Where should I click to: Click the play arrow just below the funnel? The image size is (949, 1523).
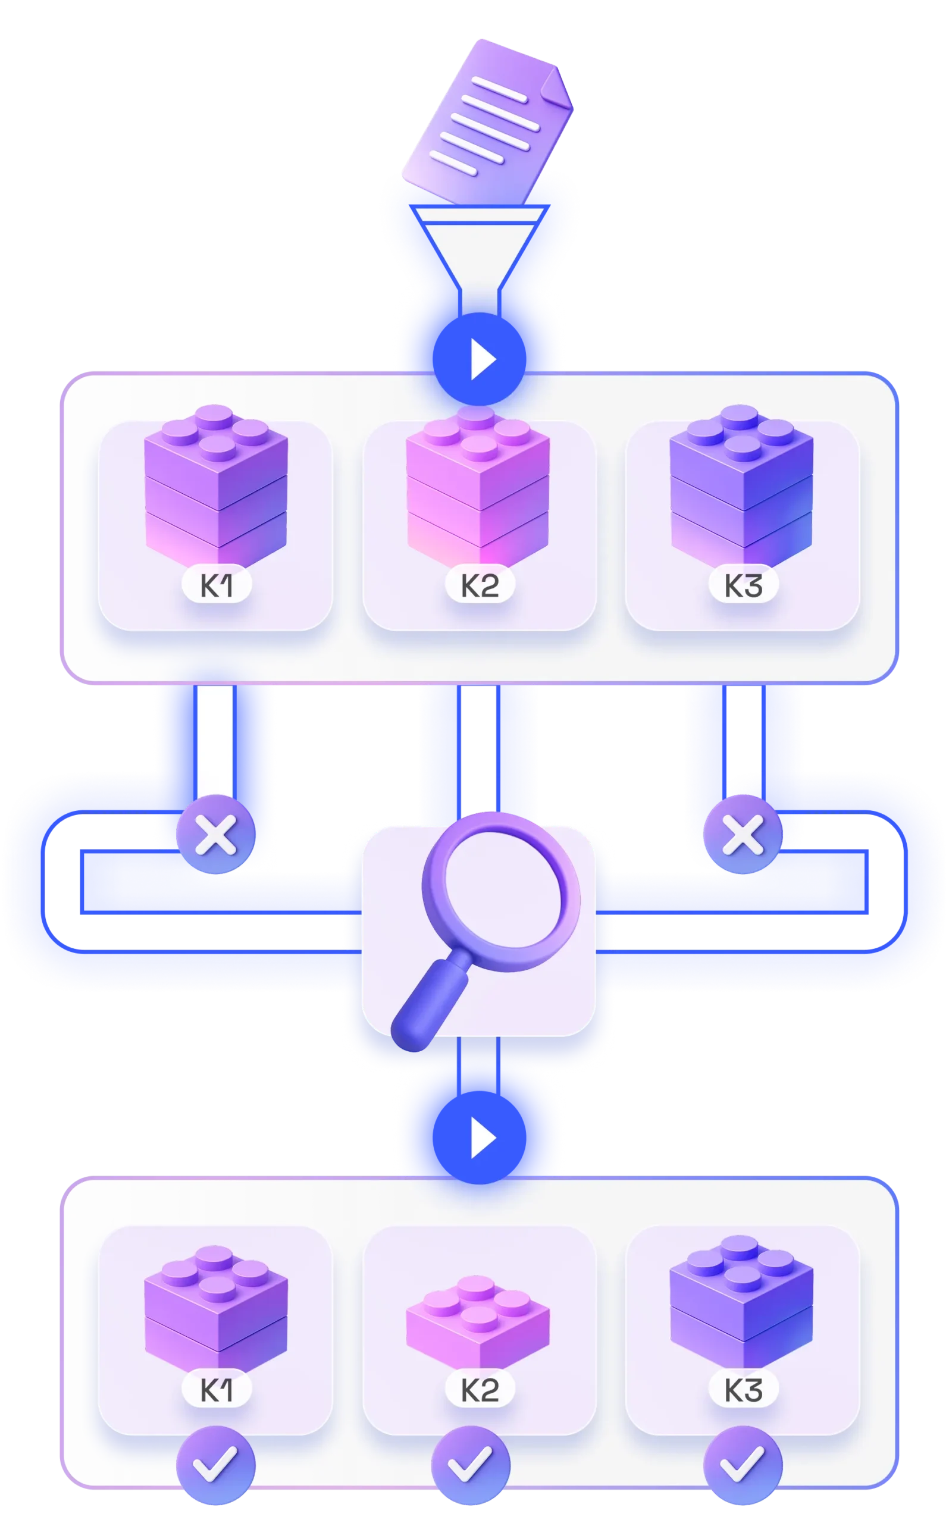[482, 359]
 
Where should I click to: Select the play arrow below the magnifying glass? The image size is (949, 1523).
[482, 1137]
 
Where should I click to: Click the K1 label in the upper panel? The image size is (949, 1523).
[217, 586]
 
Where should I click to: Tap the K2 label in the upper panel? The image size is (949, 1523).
[480, 586]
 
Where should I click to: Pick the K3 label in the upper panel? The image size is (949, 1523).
[743, 586]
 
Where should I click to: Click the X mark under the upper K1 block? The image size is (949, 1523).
[216, 835]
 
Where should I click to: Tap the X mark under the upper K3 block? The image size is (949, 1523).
[743, 835]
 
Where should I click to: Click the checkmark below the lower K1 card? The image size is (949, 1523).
[216, 1465]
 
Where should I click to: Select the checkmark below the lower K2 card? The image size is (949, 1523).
[471, 1465]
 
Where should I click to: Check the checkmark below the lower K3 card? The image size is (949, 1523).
[743, 1465]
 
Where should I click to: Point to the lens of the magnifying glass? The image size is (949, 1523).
[500, 892]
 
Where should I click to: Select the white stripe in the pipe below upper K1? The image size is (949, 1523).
[215, 741]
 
